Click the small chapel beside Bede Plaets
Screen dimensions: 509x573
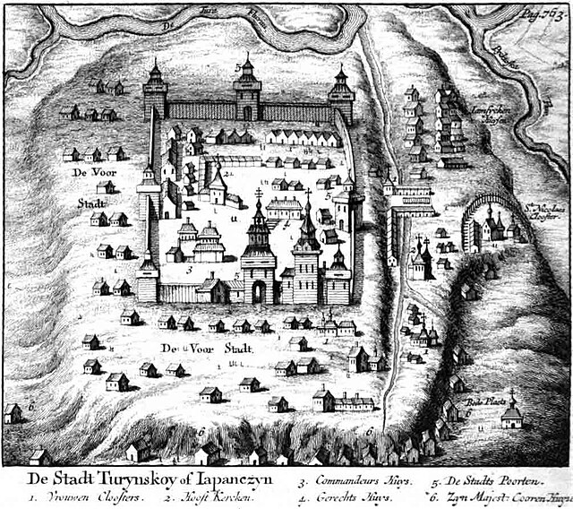pyautogui.click(x=512, y=414)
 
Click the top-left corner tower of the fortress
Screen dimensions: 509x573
pyautogui.click(x=155, y=92)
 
